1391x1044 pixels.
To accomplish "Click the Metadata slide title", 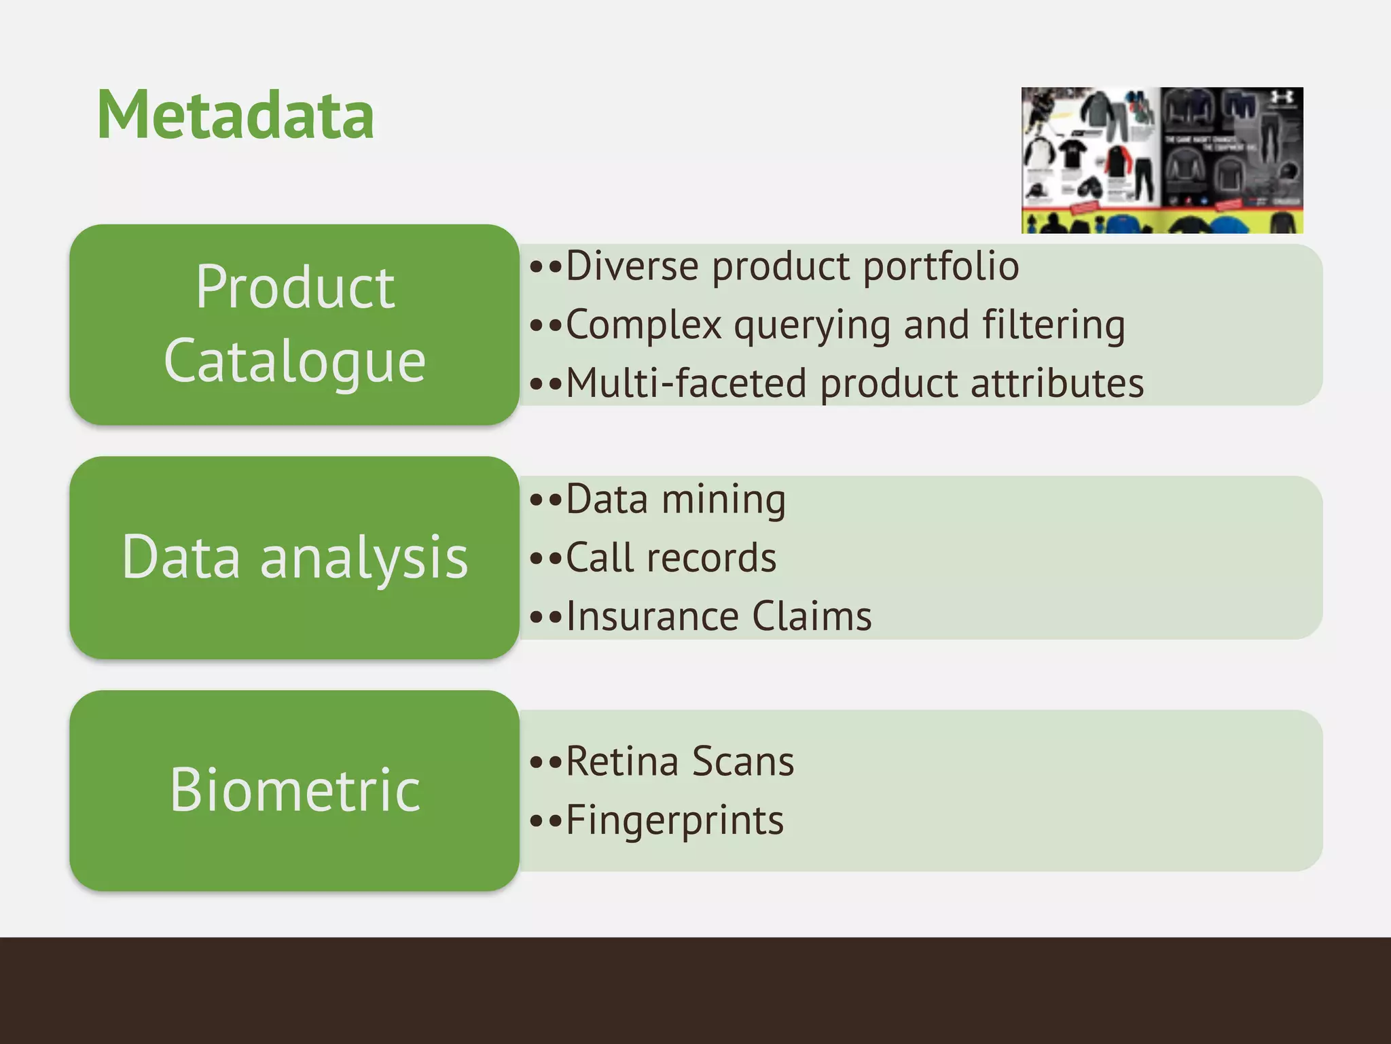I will point(235,116).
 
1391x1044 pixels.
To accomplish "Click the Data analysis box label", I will point(295,557).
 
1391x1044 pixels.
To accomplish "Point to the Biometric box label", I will point(295,790).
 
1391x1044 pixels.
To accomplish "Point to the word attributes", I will point(1057,383).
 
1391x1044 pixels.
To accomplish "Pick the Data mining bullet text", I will point(676,500).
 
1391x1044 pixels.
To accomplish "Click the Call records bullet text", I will point(671,559).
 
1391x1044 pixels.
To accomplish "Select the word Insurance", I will point(652,617).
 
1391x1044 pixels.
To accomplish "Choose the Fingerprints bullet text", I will point(674,820).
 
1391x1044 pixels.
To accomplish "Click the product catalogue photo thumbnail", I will point(1161,160).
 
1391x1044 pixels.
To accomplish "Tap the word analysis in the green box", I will point(364,557).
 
